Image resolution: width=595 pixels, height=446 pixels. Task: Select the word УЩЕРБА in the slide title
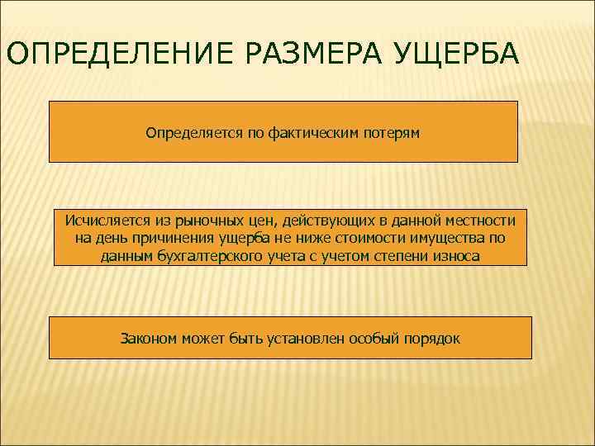[451, 54]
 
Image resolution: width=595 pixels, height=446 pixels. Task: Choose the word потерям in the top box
[391, 132]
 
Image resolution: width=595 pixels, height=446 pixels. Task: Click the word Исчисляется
[104, 221]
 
